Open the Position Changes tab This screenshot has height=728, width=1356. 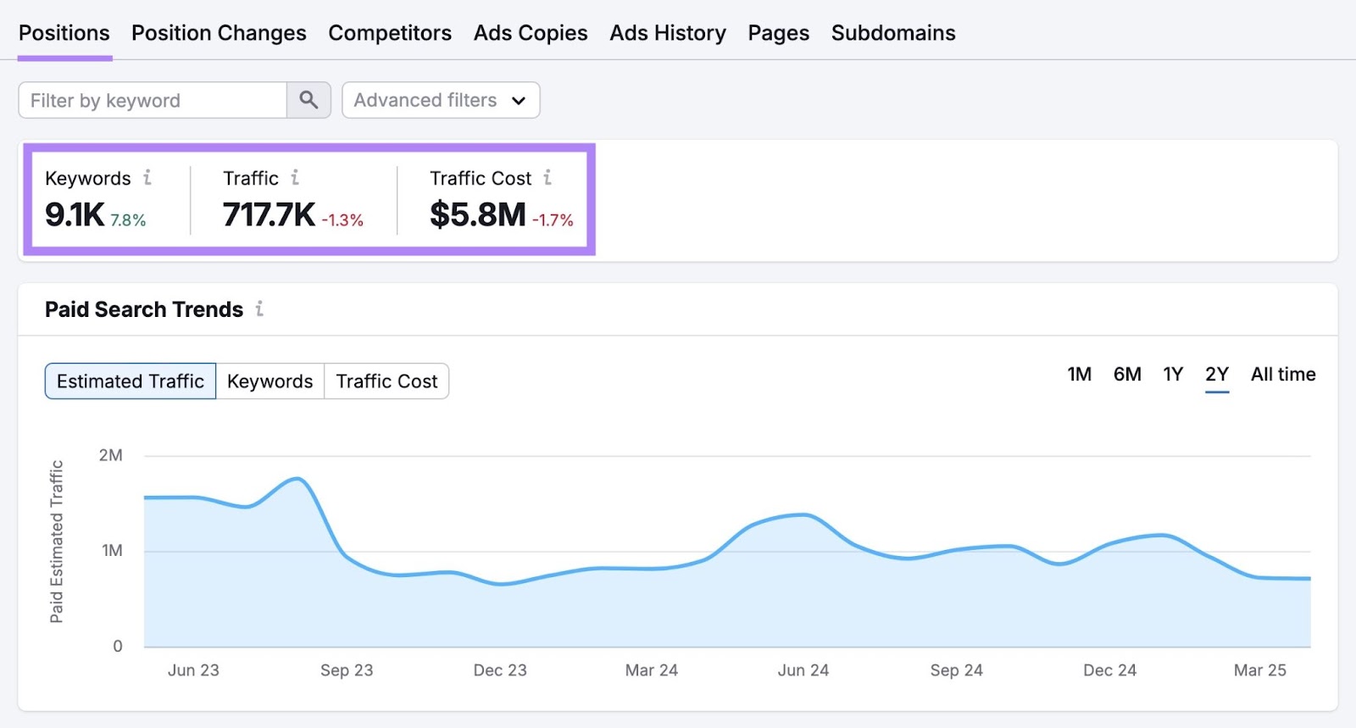219,33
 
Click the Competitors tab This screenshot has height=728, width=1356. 390,33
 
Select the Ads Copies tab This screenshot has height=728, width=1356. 531,33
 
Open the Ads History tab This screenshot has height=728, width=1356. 668,33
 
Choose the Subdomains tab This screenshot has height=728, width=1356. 893,33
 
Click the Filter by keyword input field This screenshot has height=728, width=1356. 153,101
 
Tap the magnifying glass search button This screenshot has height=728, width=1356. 308,101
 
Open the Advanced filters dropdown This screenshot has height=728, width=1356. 441,101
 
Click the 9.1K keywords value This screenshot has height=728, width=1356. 75,215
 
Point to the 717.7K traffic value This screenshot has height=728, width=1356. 269,215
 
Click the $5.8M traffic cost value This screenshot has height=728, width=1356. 477,215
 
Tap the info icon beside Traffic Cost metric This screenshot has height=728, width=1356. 547,178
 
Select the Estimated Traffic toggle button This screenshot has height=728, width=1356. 131,381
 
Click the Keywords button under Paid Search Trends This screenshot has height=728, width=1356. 270,381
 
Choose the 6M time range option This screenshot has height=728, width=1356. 1127,375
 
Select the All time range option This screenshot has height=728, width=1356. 1283,375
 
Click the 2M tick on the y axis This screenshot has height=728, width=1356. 111,456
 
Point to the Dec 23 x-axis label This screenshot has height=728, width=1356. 500,670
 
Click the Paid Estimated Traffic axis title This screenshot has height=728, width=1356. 57,542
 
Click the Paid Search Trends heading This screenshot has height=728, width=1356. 144,310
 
